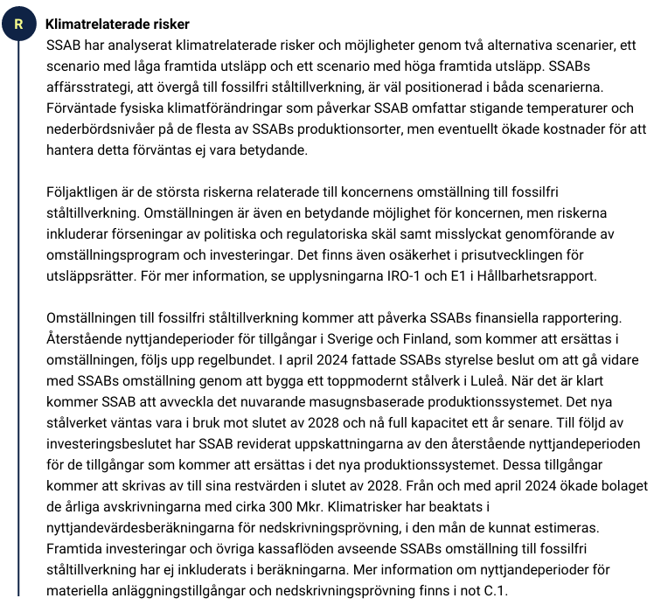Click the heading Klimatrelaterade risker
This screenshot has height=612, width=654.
click(117, 24)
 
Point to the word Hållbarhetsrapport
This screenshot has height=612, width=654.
click(538, 276)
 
